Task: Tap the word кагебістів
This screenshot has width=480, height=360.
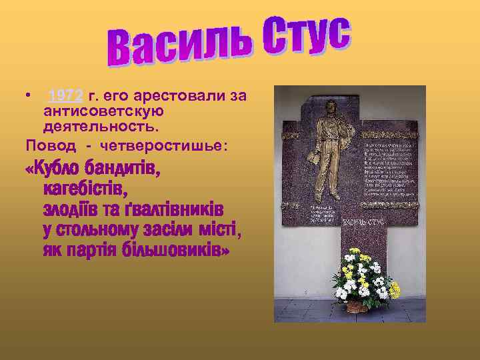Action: (x=85, y=191)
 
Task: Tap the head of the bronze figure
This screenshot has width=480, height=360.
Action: (x=329, y=107)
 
